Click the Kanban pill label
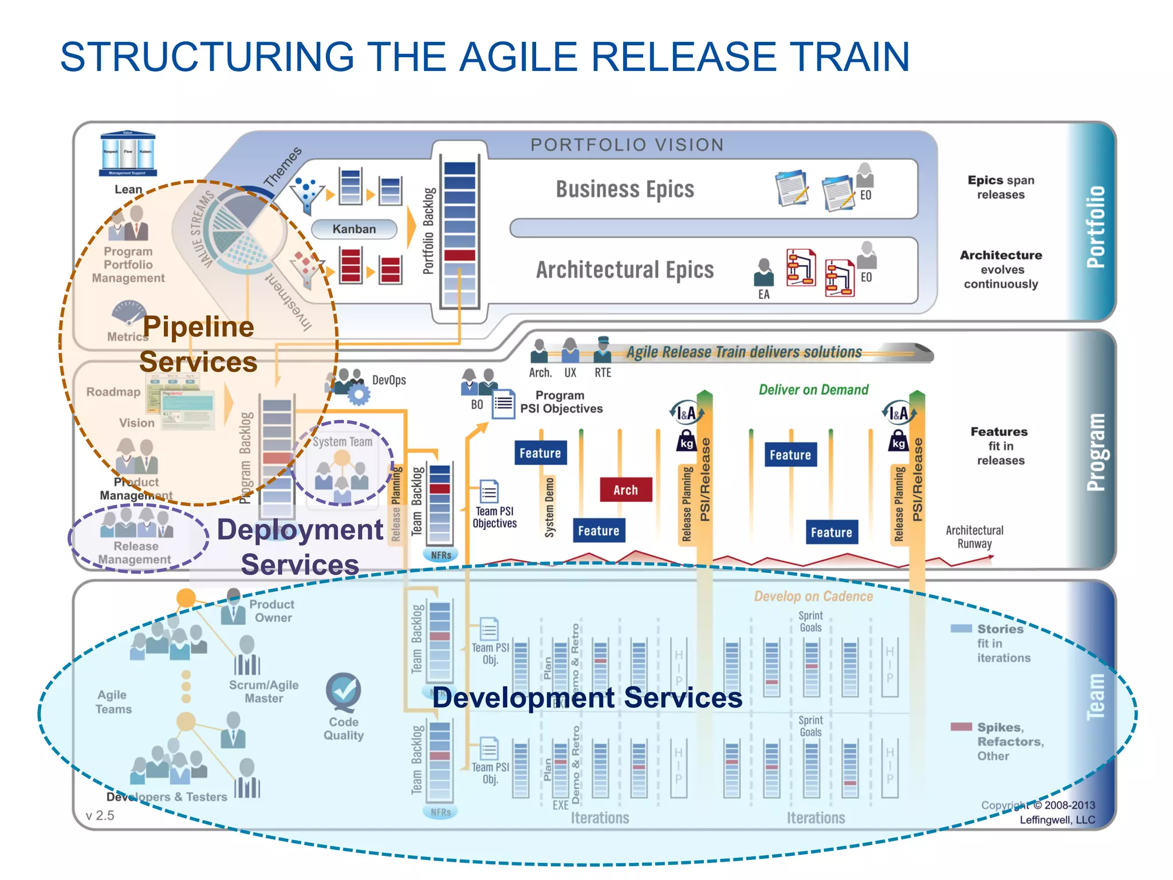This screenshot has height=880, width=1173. point(354,229)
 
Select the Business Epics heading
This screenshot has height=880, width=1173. point(624,189)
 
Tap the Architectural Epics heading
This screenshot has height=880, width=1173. point(624,270)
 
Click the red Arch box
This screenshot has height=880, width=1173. point(625,490)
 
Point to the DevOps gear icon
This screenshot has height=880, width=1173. point(359,394)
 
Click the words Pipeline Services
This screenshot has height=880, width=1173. point(198,344)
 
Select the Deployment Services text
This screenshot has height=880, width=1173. point(300,547)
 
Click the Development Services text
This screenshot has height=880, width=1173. point(587,698)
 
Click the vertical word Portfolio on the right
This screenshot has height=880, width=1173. point(1095,226)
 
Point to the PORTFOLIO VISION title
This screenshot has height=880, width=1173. point(627,145)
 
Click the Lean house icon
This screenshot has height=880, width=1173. point(128,154)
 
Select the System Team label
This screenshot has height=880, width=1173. point(342,442)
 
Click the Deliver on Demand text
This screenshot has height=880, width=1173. point(813,390)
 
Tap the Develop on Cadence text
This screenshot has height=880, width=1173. point(813,596)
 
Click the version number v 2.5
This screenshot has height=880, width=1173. point(100,815)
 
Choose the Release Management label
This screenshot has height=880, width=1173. point(135,553)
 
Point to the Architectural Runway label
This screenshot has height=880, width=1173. point(974,537)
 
